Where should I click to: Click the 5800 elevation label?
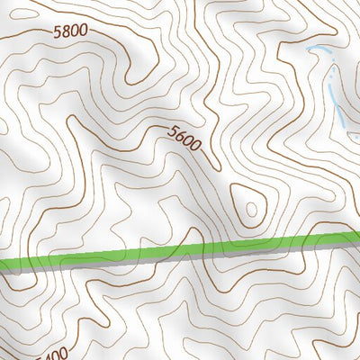[70, 31]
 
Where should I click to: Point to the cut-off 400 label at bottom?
[55, 353]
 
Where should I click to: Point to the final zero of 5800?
[84, 31]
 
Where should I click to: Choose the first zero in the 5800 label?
[75, 31]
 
